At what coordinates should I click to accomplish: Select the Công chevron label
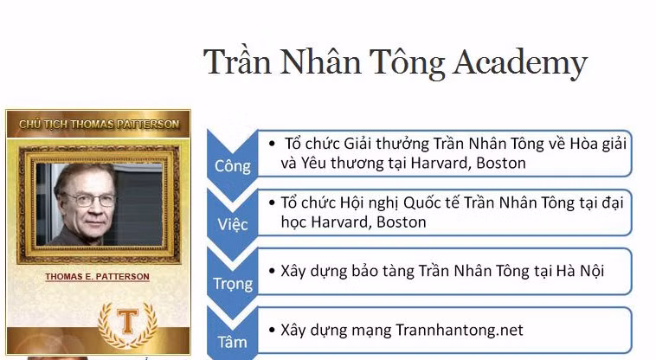(233, 165)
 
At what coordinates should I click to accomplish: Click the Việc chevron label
(233, 224)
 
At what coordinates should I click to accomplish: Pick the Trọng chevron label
(233, 283)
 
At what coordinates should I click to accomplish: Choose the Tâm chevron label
(232, 341)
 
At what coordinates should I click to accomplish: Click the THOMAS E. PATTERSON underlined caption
(97, 277)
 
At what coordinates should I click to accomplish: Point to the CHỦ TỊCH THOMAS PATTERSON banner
(99, 124)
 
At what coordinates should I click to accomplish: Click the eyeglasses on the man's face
(91, 200)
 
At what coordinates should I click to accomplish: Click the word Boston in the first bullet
(499, 163)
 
